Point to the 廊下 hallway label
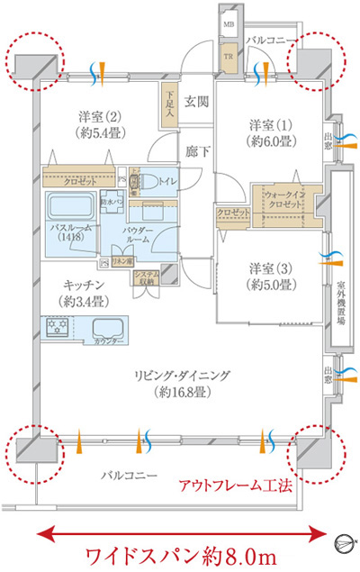click(x=197, y=152)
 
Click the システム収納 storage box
click(x=145, y=278)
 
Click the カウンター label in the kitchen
click(x=109, y=340)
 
